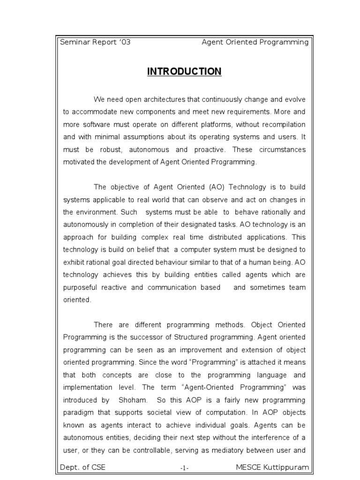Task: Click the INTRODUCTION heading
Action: tap(184, 72)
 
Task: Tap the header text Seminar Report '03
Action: tap(95, 42)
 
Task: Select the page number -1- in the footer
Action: tap(184, 468)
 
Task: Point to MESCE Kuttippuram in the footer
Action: tap(271, 468)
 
